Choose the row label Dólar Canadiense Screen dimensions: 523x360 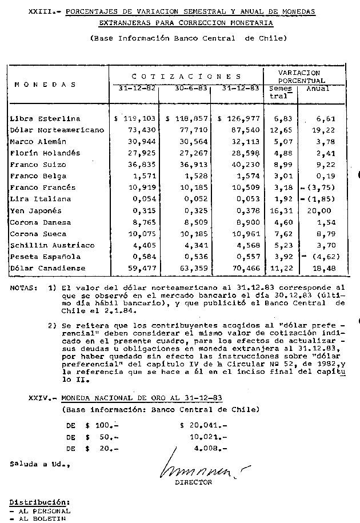click(x=47, y=268)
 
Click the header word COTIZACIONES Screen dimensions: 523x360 click(x=186, y=76)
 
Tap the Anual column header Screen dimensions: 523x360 click(x=318, y=89)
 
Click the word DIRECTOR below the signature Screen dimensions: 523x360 click(x=193, y=482)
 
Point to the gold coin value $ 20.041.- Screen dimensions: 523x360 click(x=203, y=426)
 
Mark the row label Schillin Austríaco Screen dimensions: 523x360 click(x=46, y=245)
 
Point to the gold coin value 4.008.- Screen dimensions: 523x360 click(x=210, y=449)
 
